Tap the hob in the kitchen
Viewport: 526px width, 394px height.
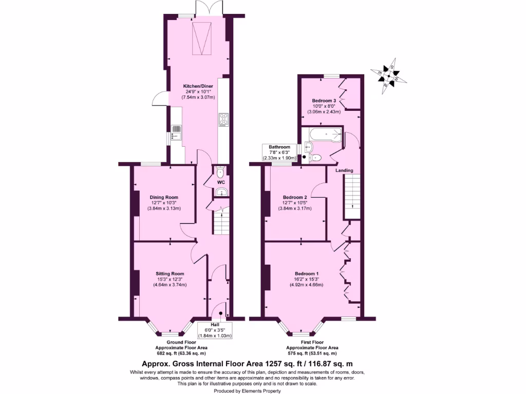224,120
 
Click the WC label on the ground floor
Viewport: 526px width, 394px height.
221,183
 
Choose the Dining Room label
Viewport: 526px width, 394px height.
164,197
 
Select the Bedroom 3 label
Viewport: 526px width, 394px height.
324,101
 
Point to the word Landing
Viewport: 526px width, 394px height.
344,170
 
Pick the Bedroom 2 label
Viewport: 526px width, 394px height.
295,197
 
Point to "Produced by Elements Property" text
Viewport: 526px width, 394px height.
247,391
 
